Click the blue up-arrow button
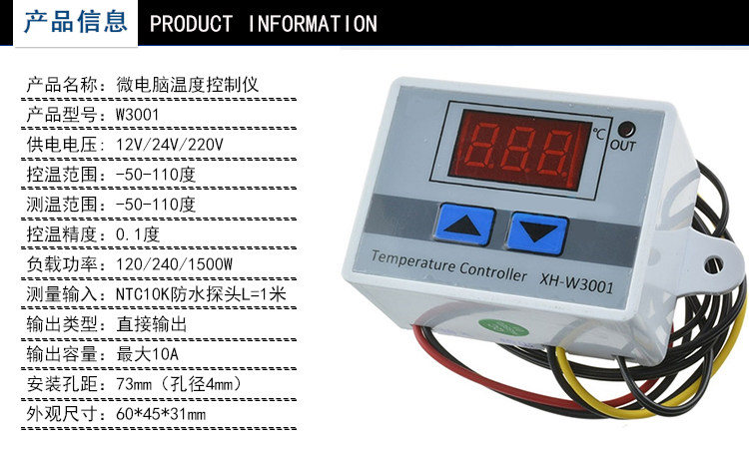[x=464, y=227]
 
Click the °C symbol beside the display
[x=598, y=130]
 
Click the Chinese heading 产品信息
[x=76, y=22]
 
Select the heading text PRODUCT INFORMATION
[x=263, y=23]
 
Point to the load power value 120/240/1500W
[x=175, y=263]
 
